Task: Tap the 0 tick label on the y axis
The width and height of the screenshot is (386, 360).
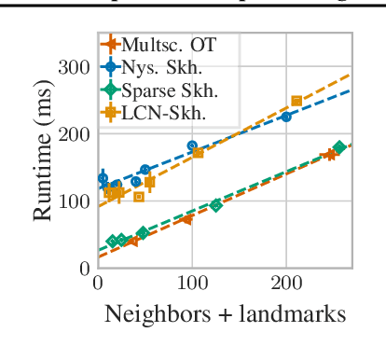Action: pos(85,268)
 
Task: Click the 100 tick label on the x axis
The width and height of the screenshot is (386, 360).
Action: pos(192,285)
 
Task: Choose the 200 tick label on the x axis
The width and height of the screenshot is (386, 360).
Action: pos(285,285)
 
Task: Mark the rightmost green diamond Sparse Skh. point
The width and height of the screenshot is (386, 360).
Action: pos(339,147)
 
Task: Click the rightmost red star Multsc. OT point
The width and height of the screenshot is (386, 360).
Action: pos(330,155)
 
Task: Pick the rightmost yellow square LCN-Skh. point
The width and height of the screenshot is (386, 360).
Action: pos(296,101)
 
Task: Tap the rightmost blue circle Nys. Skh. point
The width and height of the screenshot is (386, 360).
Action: pos(286,117)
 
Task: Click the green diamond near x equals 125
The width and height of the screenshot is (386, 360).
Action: pos(215,204)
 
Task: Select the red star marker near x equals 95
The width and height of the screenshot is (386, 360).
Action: pos(186,219)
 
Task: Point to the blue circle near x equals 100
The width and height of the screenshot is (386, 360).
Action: pos(192,146)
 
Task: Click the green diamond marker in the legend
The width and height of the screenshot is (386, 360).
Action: pos(112,91)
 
